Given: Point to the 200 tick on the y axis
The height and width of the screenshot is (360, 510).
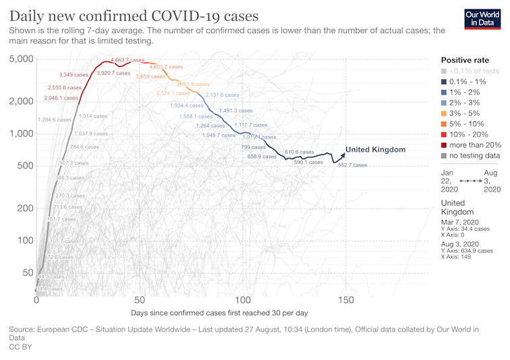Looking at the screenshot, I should coord(25,208).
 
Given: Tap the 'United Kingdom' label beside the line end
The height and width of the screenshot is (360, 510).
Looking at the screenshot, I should coord(375,150).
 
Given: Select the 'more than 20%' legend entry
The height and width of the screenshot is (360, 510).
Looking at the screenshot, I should coord(470,144).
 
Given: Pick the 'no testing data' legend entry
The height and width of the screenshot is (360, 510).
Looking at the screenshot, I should coord(470,156).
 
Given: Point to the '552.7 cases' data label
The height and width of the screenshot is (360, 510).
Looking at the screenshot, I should coord(352,165).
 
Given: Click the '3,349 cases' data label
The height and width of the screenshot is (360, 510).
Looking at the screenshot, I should coord(74,74).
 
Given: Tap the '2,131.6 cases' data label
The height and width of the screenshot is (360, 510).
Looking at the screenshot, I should coord(222,95).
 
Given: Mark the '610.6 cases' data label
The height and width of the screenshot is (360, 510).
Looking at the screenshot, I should coord(299,152).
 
